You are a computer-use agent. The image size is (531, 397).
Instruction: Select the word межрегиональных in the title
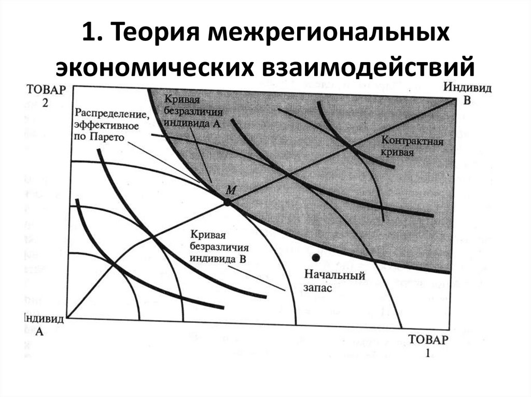coord(327,38)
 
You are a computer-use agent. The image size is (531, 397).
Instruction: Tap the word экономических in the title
coord(155,68)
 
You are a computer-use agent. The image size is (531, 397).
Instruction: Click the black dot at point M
coord(227,202)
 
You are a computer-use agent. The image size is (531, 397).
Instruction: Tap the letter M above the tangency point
coord(231,190)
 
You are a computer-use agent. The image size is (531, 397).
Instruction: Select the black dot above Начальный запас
coord(315,257)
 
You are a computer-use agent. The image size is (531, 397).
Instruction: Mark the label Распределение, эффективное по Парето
coord(111,125)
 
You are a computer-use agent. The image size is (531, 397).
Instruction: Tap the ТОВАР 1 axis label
coord(428,347)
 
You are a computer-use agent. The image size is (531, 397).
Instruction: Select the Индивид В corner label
coord(467,94)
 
